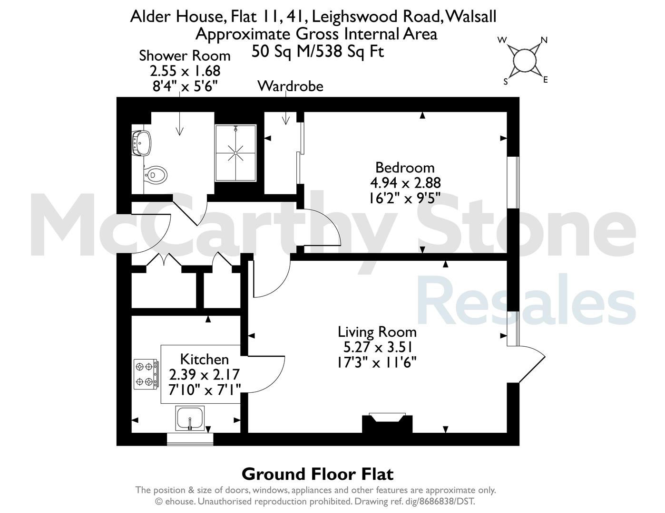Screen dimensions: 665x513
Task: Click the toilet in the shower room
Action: click(156, 175)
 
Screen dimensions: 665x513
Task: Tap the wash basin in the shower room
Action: click(141, 143)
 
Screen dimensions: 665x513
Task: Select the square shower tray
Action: click(235, 153)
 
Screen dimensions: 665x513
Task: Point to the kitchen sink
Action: click(190, 418)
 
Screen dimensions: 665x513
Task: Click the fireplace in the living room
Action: click(387, 423)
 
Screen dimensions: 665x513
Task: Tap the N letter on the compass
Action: click(544, 40)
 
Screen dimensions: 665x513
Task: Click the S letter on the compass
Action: click(506, 82)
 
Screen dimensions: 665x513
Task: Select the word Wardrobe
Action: click(291, 86)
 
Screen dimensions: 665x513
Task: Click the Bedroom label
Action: click(405, 167)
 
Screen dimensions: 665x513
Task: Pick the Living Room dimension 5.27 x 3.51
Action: click(378, 347)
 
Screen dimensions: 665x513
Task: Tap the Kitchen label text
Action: click(205, 359)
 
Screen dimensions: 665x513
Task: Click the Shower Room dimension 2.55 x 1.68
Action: click(185, 71)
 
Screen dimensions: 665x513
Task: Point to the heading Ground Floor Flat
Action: click(317, 474)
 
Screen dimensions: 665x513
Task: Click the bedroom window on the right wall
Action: click(513, 183)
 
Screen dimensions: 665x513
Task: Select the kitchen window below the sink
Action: click(190, 439)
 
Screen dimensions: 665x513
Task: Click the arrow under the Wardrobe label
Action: click(286, 108)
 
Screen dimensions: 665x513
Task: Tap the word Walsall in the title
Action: click(470, 16)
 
